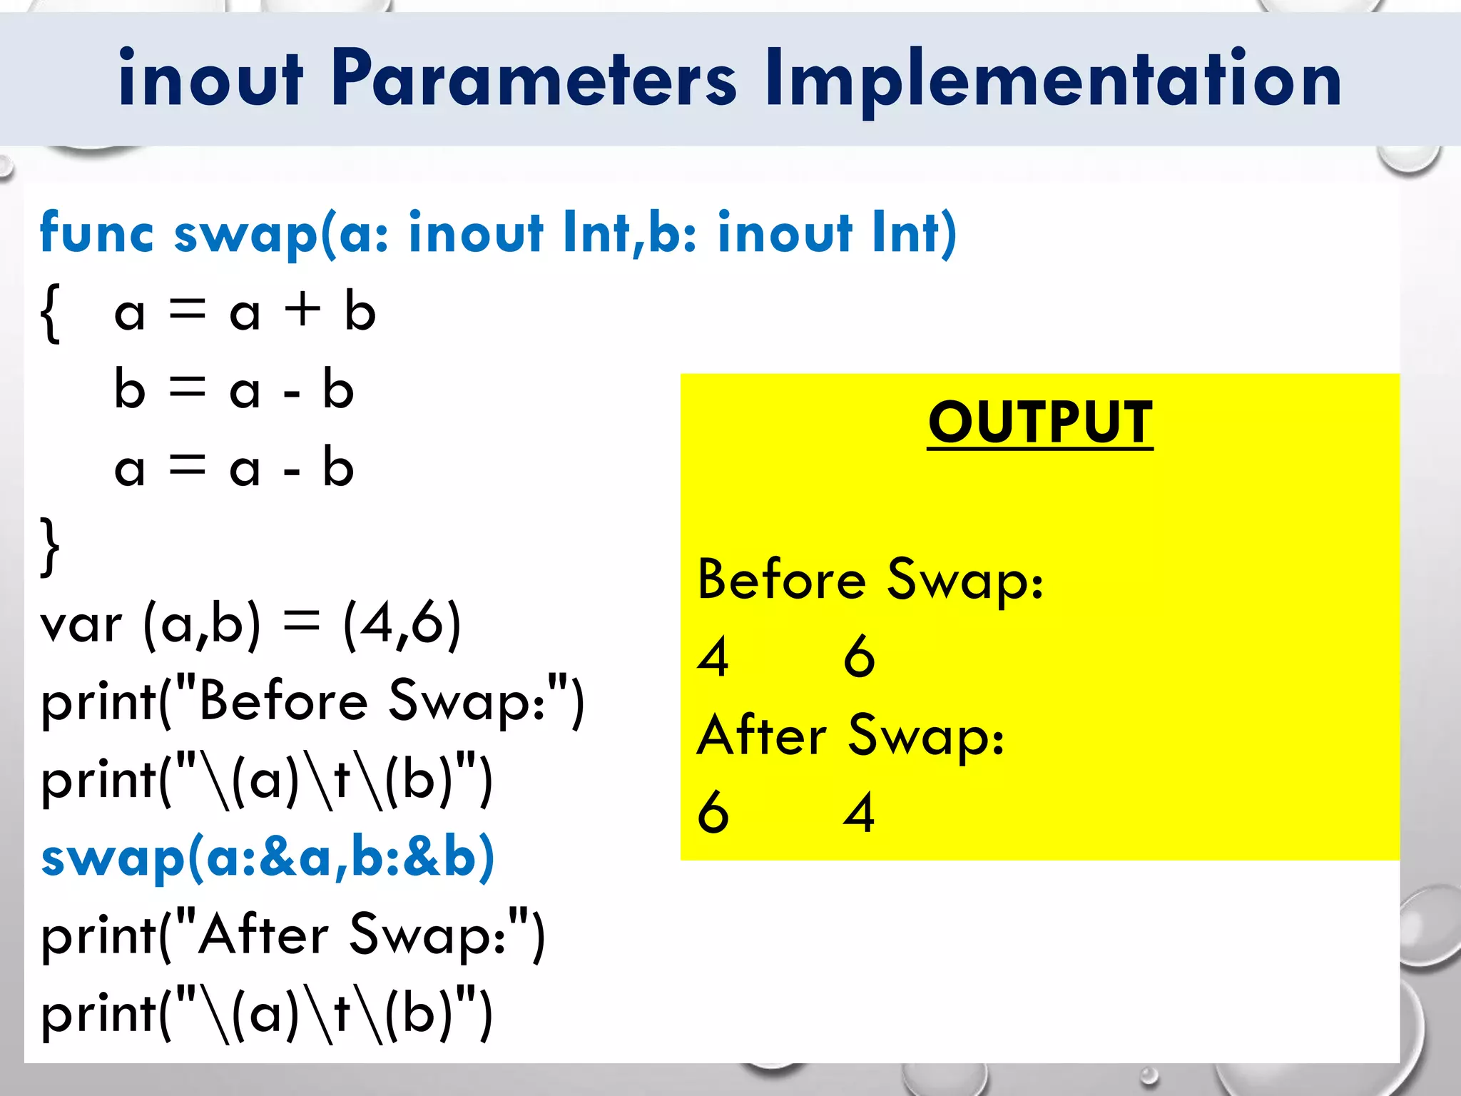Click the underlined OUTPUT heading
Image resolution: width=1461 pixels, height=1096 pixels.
pos(1040,422)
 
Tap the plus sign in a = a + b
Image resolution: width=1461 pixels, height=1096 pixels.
pos(302,311)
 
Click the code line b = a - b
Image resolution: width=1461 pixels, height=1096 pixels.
pos(234,390)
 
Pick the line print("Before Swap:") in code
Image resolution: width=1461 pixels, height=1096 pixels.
pos(312,702)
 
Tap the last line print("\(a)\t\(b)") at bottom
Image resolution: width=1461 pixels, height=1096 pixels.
pos(267,1014)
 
